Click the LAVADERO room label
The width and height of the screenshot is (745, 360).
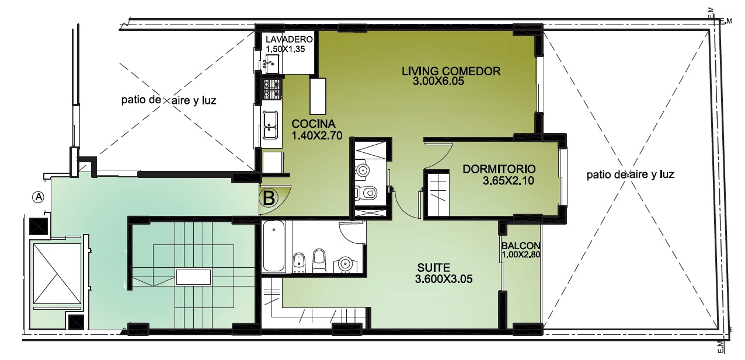[289, 39]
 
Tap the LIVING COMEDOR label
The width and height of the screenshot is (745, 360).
[451, 71]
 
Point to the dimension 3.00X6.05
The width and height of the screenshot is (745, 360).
[438, 82]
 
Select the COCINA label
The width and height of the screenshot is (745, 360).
[314, 124]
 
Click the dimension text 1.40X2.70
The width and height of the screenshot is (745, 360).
[317, 135]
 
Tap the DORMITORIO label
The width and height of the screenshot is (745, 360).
[499, 169]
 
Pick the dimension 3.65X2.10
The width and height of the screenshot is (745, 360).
[508, 180]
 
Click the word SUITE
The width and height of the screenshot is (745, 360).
[434, 268]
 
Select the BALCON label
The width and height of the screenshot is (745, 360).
[521, 246]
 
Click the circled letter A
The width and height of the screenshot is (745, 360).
[39, 197]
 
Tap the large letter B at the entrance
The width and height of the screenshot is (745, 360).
[269, 198]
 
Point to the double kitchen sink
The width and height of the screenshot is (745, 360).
[270, 125]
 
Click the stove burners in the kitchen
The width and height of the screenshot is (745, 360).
[272, 89]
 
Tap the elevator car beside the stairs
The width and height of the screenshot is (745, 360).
[57, 274]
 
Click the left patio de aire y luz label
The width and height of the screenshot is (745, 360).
[169, 100]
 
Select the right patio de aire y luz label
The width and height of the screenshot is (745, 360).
[630, 174]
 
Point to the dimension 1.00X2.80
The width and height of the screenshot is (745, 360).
[521, 255]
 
